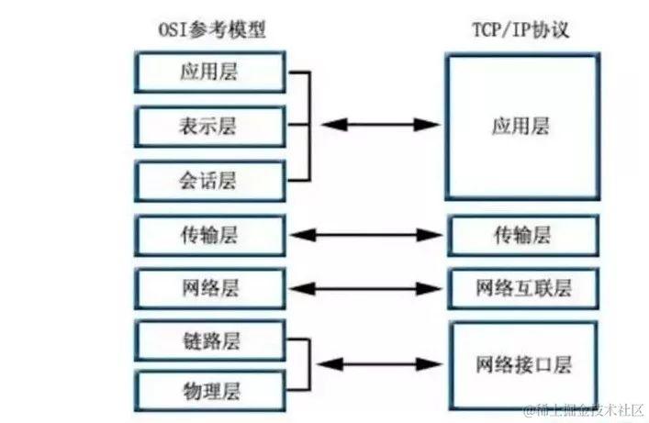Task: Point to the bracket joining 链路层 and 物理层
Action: click(x=303, y=363)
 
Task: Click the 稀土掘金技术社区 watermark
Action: click(x=584, y=409)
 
